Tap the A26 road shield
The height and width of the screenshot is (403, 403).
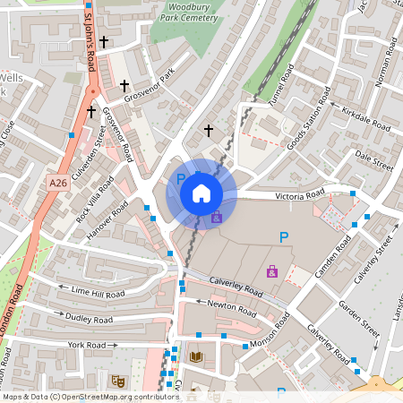pyautogui.click(x=58, y=183)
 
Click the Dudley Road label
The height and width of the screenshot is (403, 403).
pyautogui.click(x=89, y=318)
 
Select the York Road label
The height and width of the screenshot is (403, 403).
pyautogui.click(x=87, y=345)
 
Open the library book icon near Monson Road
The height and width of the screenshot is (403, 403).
pyautogui.click(x=196, y=356)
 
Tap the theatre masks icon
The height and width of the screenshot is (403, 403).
pyautogui.click(x=116, y=380)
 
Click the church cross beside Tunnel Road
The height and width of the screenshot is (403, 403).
pyautogui.click(x=209, y=131)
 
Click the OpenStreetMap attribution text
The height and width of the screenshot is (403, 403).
pyautogui.click(x=90, y=396)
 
